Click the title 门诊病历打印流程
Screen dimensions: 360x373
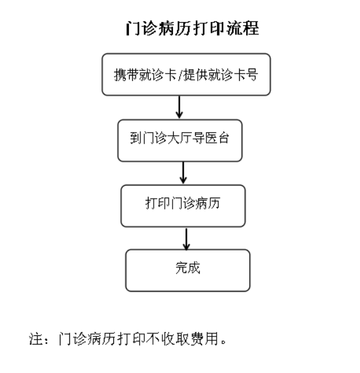[x=192, y=28]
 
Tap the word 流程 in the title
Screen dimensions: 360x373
[x=242, y=28]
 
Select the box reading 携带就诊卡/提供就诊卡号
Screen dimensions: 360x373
[x=186, y=74]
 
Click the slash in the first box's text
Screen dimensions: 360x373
[x=180, y=75]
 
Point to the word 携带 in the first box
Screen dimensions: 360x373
[x=127, y=75]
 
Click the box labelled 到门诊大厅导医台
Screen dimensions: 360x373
[x=180, y=141]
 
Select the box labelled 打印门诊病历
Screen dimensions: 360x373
[x=183, y=206]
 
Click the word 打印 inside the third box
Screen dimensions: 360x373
[x=157, y=203]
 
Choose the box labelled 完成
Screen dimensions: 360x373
[x=188, y=270]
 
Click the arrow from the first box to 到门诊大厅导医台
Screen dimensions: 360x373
[x=179, y=107]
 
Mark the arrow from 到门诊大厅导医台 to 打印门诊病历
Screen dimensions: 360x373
[x=183, y=173]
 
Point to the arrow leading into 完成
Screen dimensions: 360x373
[x=186, y=239]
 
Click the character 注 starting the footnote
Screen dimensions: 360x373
[x=36, y=339]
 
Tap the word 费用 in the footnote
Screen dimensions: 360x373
[x=205, y=339]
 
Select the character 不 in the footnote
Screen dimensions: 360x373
[x=153, y=339]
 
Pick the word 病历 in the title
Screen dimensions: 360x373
[x=175, y=28]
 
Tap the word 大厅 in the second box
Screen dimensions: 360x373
[x=180, y=138]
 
